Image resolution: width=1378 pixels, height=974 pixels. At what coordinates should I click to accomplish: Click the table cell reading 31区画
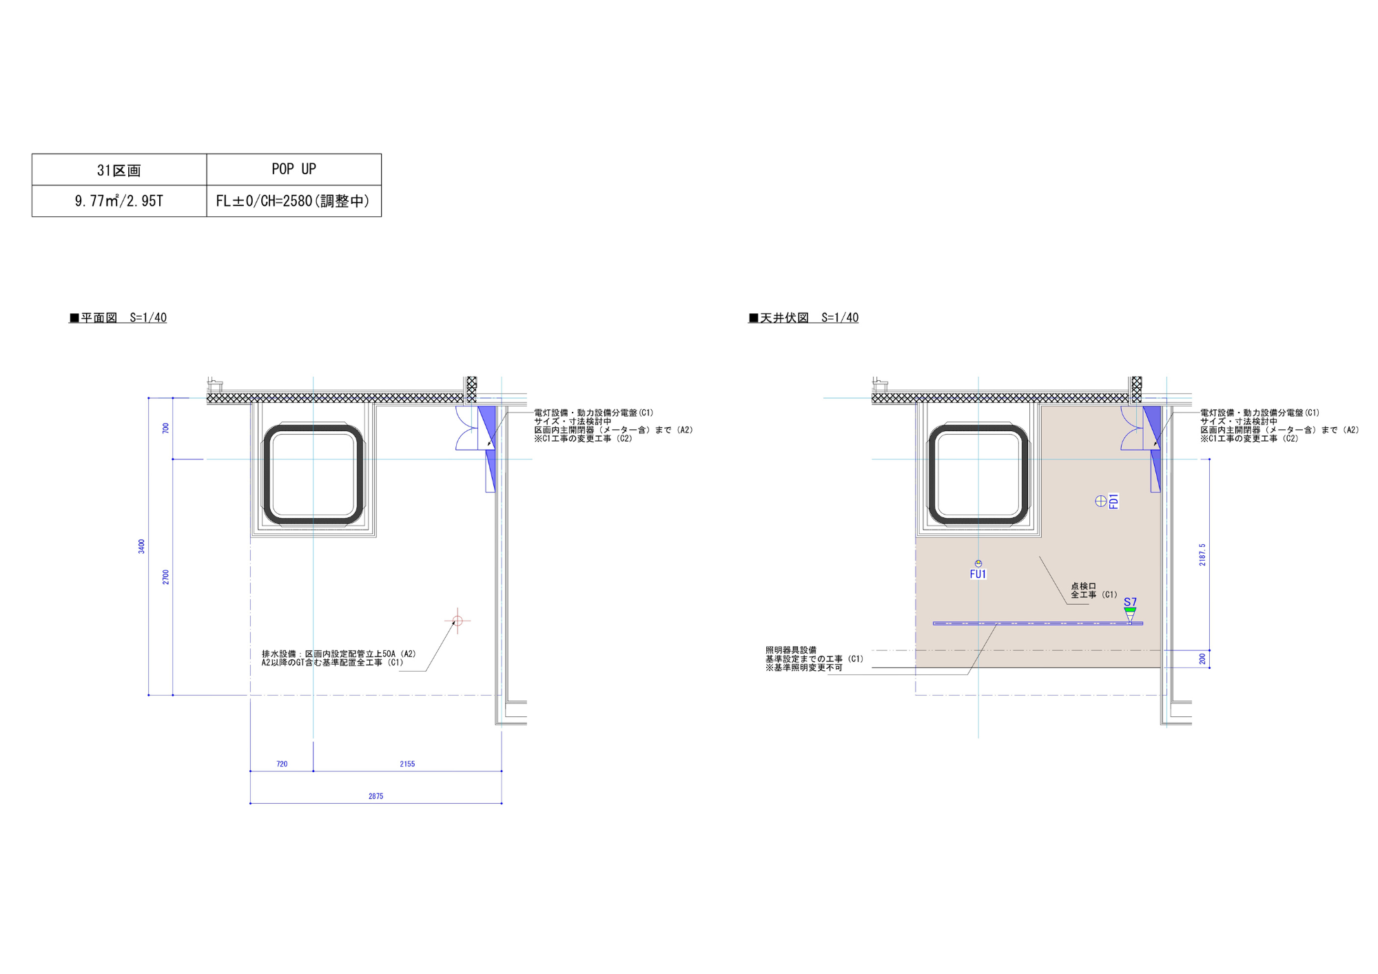tap(119, 169)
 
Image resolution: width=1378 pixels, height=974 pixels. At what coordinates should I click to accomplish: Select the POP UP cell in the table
tap(294, 169)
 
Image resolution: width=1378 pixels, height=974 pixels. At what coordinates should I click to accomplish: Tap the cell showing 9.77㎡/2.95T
tap(119, 201)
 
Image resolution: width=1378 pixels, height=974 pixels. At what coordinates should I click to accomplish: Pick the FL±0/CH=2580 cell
tap(294, 201)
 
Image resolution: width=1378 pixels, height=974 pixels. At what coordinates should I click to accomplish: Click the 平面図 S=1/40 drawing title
tap(118, 318)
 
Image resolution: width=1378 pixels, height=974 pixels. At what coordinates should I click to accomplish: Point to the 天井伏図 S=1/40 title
tap(803, 318)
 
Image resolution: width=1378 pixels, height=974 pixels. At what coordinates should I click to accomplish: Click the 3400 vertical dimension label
tap(141, 546)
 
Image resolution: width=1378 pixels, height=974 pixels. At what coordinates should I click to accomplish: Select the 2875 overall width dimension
tap(376, 796)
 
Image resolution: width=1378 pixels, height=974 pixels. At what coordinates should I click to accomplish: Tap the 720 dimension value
tap(282, 764)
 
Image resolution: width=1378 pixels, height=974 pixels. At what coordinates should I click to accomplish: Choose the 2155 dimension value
tap(407, 764)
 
